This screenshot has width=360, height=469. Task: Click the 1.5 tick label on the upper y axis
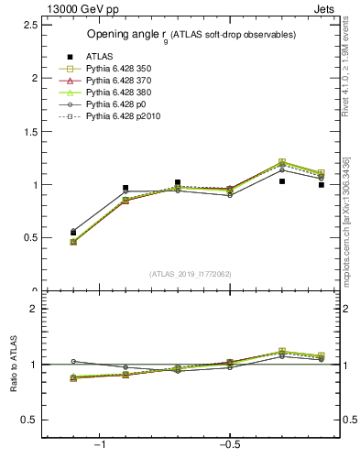(29, 131)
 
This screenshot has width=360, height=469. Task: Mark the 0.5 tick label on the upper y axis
(29, 237)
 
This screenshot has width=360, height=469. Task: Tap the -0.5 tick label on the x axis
(229, 445)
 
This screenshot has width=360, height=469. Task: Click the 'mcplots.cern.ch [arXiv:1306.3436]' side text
(346, 220)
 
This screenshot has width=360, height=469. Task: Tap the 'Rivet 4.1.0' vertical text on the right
(346, 55)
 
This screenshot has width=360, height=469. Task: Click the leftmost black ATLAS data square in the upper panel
(73, 233)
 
